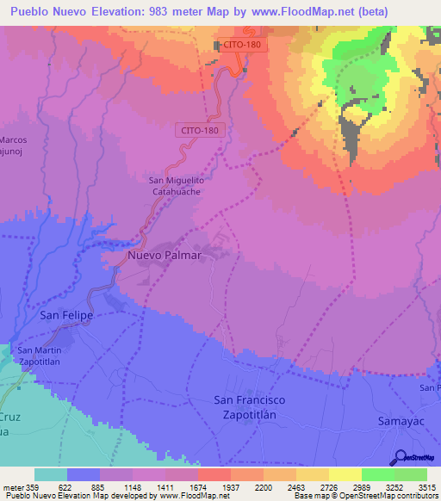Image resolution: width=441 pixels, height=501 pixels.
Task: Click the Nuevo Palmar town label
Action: click(x=164, y=256)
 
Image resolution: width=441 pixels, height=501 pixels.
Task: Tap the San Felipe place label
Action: click(x=66, y=316)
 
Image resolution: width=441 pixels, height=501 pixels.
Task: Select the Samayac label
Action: click(x=401, y=421)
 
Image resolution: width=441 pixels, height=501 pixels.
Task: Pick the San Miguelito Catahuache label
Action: click(x=175, y=186)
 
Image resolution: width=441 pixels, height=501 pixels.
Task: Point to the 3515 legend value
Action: click(x=427, y=487)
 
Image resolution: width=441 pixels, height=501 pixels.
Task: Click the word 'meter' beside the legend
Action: click(x=13, y=487)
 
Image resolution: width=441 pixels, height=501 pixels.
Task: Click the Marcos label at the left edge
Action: click(x=14, y=139)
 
